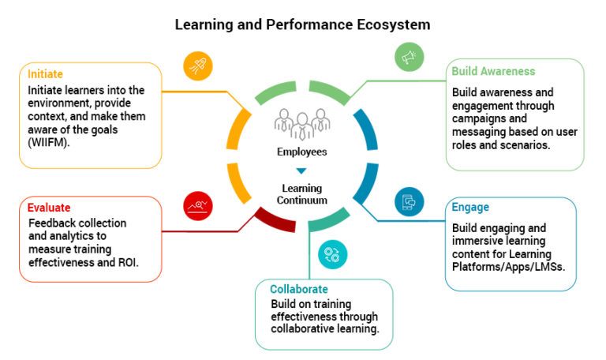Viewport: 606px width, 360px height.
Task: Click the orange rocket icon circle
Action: tap(198, 67)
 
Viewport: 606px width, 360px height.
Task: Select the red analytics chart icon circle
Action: tap(197, 207)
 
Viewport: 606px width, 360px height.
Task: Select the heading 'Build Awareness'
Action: tap(493, 71)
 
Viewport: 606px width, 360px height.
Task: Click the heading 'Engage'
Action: tap(470, 208)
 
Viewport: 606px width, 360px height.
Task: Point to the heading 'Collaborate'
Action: tap(299, 289)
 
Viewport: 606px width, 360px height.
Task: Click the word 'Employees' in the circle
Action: tap(301, 151)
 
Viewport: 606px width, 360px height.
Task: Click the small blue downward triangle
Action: tap(301, 171)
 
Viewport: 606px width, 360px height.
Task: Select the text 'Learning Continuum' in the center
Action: tap(301, 194)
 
